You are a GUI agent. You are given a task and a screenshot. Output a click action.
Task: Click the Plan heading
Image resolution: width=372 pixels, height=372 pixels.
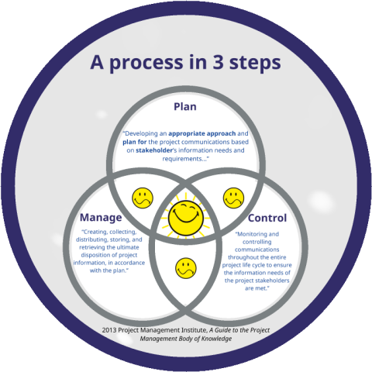(x=185, y=107)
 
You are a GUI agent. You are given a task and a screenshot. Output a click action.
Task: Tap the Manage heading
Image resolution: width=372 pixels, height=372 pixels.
(x=101, y=218)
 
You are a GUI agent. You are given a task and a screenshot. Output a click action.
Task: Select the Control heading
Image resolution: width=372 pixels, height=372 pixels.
(x=267, y=218)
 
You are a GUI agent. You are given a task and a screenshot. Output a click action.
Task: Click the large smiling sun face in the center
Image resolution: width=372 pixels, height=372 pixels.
(x=186, y=218)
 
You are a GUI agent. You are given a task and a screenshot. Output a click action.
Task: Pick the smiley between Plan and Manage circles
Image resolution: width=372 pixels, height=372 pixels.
(x=143, y=198)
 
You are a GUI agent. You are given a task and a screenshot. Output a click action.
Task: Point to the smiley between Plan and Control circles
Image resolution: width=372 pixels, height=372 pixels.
(x=233, y=198)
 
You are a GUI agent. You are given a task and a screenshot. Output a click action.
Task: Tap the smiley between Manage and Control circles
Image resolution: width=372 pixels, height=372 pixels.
(x=186, y=268)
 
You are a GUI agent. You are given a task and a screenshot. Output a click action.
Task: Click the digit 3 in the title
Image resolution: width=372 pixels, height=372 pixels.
(x=218, y=62)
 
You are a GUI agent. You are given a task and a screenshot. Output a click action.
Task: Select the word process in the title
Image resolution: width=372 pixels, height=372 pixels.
(x=146, y=64)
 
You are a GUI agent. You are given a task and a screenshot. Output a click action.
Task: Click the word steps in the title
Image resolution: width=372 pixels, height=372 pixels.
(x=255, y=64)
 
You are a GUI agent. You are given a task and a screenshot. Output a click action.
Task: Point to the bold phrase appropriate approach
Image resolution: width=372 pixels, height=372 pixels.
(x=202, y=134)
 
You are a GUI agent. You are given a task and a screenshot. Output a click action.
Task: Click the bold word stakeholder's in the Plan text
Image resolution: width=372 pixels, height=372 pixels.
(x=157, y=150)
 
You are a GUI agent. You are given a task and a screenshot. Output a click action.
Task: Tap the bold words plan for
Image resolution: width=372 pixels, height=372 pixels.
(x=135, y=142)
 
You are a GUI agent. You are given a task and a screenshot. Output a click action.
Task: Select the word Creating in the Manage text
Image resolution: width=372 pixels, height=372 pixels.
(x=96, y=232)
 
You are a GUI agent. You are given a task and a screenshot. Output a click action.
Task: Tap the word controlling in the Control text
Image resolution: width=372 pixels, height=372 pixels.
(x=257, y=242)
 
